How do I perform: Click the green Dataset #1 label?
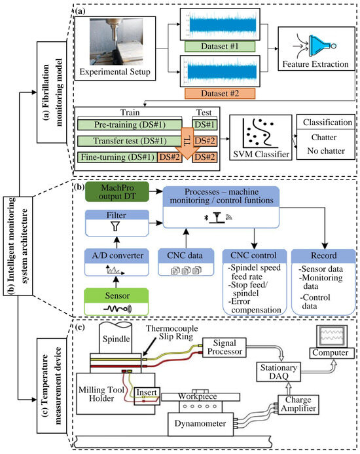[216, 47]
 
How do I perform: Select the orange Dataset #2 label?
[216, 93]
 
